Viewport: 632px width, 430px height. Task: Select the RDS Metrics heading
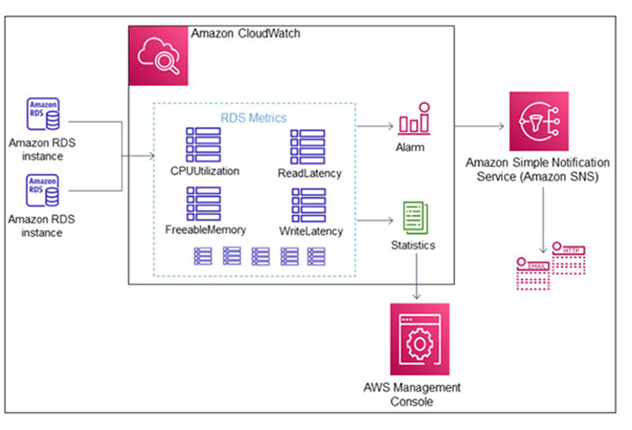click(x=253, y=118)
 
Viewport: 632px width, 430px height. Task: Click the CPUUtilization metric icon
click(x=203, y=145)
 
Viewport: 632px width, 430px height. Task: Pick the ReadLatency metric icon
click(x=308, y=145)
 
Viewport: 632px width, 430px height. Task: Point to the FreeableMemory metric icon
click(x=203, y=204)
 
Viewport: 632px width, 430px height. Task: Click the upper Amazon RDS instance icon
click(x=43, y=115)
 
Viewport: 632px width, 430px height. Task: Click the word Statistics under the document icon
click(x=413, y=245)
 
